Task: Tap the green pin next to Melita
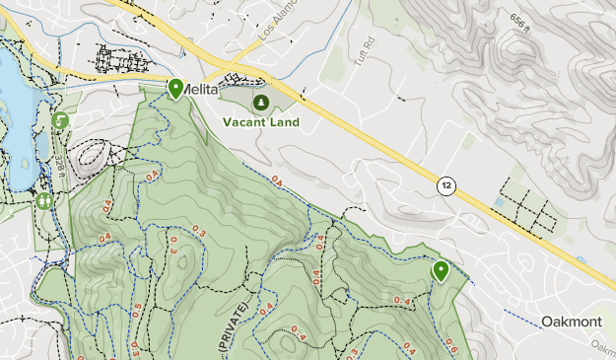[175, 89]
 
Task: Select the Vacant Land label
[260, 123]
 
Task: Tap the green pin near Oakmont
[441, 270]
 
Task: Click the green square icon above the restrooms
[59, 120]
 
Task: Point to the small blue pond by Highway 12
[498, 203]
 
